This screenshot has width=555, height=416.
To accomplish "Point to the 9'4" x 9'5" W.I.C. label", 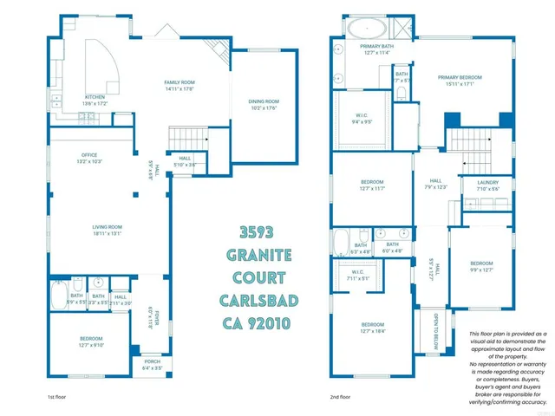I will pyautogui.click(x=362, y=118).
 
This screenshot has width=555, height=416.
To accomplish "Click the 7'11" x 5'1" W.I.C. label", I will pyautogui.click(x=358, y=276).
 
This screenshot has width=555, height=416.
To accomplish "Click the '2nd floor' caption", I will pyautogui.click(x=340, y=397).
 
